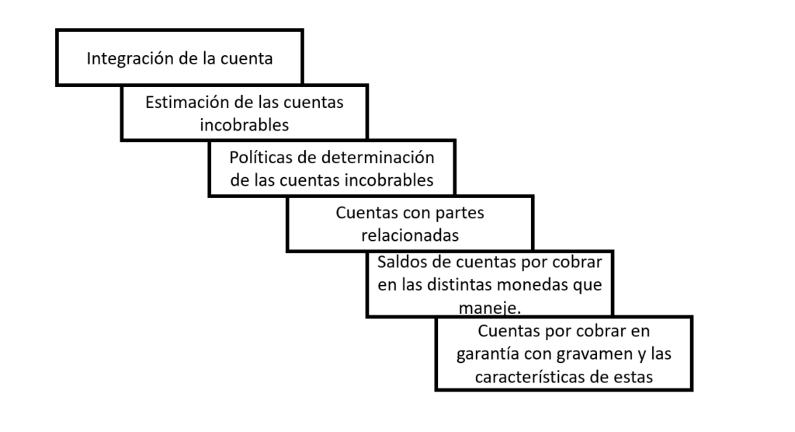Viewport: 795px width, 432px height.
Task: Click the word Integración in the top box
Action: [x=130, y=59]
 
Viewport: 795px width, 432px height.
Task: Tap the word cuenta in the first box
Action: [x=246, y=58]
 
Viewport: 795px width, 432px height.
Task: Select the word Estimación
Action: [x=187, y=102]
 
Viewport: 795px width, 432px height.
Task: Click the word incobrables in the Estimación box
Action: [x=244, y=124]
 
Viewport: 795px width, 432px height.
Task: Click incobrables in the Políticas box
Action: [x=389, y=179]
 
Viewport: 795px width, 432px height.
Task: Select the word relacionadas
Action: [x=410, y=235]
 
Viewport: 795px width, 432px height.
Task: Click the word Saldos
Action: [x=401, y=262]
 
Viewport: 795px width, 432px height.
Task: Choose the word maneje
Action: [x=490, y=308]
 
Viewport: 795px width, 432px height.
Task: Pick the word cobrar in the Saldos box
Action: [x=577, y=262]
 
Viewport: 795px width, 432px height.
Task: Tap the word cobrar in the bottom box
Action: [x=601, y=331]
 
